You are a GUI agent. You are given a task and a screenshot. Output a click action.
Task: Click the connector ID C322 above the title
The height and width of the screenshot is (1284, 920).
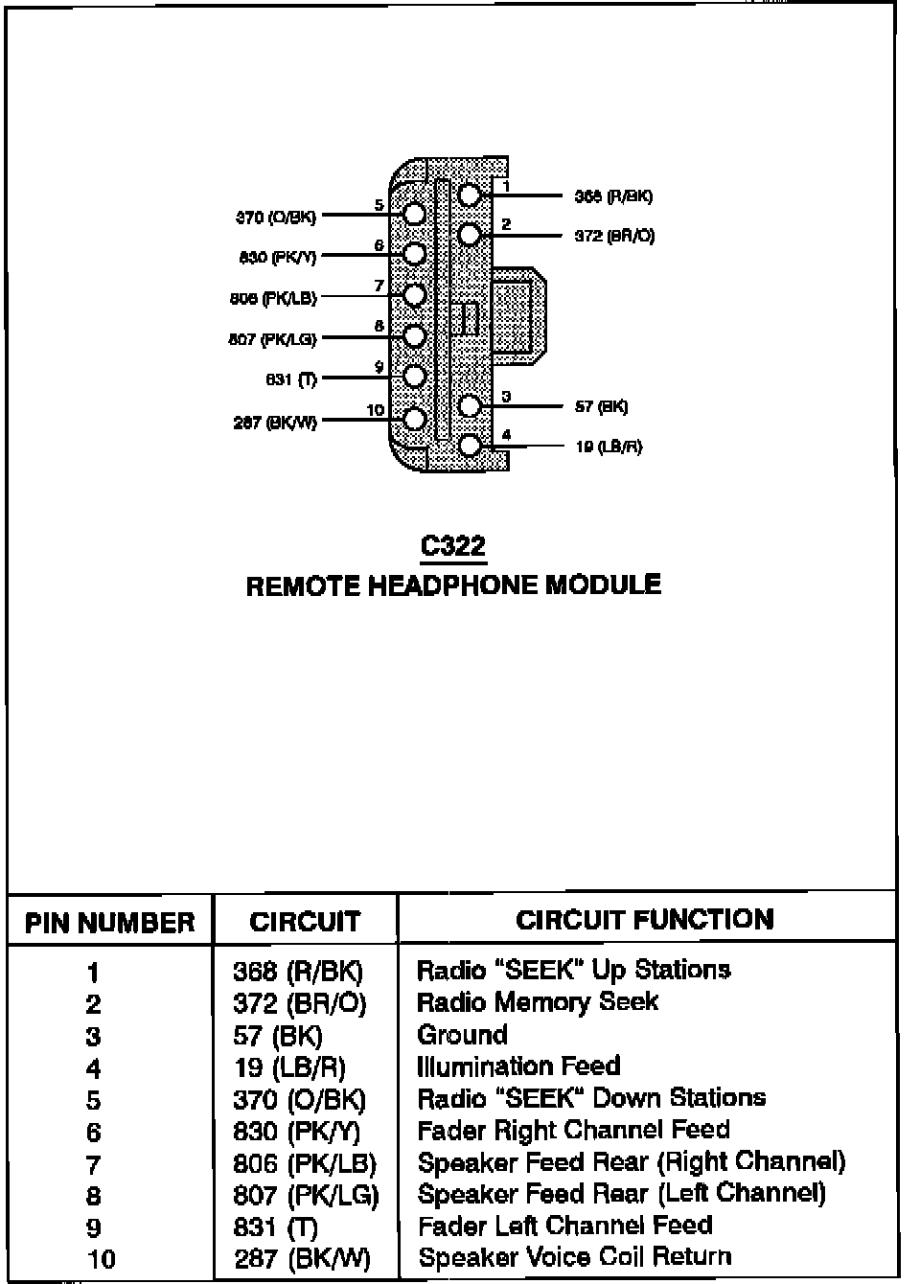453,546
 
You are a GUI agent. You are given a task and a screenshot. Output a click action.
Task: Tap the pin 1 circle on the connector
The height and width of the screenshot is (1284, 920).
469,195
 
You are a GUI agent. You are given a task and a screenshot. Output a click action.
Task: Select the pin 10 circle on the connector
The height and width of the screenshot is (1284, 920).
414,419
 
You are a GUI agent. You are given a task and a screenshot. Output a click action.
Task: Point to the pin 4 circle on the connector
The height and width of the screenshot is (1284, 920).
470,446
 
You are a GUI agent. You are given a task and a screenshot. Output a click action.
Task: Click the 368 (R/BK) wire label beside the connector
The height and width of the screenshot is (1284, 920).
613,196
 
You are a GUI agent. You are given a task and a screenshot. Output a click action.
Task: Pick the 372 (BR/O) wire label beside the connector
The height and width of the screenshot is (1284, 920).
614,236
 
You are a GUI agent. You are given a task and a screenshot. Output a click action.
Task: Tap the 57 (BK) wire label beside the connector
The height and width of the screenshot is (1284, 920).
601,407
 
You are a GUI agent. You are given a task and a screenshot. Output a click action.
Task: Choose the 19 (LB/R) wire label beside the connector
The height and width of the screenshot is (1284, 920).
609,447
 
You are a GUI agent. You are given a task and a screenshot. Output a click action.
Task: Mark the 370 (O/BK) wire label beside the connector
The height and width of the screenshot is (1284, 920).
276,218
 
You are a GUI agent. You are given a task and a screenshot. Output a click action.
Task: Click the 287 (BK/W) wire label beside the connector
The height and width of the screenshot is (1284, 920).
275,422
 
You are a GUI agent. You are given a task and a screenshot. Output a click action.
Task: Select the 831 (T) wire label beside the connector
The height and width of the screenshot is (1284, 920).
291,379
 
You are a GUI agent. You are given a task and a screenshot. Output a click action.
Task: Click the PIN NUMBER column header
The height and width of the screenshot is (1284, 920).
109,923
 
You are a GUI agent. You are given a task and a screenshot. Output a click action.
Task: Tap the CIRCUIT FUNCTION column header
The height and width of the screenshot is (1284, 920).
644,920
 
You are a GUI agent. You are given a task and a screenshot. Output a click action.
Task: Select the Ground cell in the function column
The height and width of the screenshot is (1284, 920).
462,1035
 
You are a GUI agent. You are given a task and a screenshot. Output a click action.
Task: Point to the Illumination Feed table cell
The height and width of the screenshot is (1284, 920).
518,1066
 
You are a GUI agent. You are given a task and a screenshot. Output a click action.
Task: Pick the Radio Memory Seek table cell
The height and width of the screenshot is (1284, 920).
538,1002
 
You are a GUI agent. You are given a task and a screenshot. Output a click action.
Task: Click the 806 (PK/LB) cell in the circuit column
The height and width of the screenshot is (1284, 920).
305,1163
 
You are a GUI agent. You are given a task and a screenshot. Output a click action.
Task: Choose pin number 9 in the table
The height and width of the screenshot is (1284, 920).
93,1227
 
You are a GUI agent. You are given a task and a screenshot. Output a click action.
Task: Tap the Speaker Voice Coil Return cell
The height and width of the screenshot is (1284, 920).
575,1257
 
